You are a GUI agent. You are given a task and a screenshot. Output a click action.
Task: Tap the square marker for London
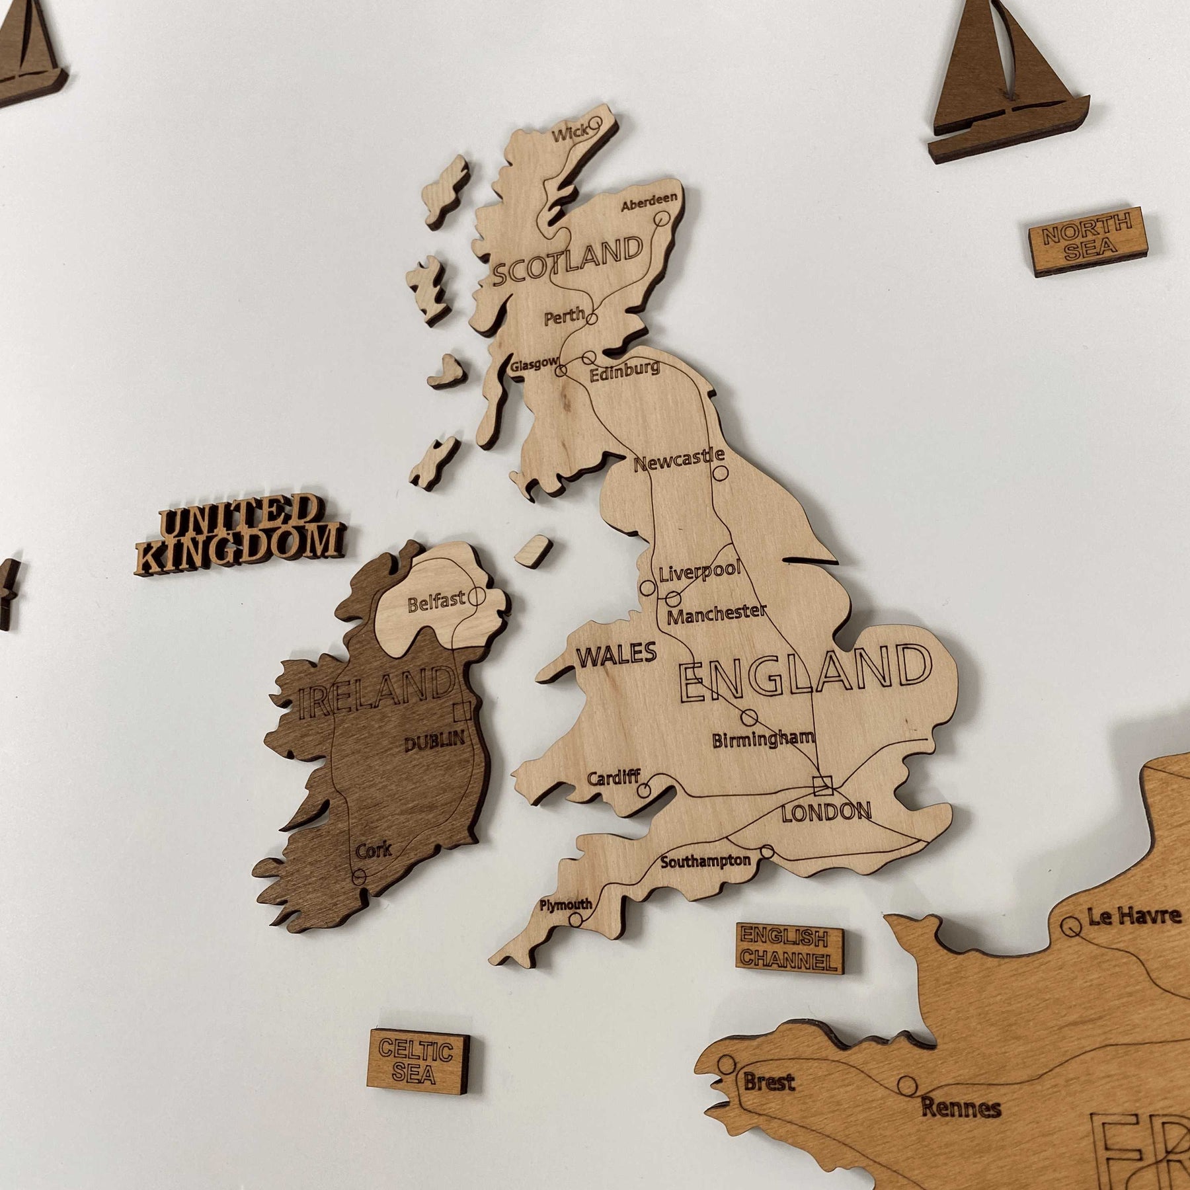823,785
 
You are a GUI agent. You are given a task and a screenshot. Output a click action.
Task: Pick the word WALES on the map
617,654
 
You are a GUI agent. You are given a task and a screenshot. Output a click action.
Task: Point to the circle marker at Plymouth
576,919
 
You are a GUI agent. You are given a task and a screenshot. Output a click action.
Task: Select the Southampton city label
705,861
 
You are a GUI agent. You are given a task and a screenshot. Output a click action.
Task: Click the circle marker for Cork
359,877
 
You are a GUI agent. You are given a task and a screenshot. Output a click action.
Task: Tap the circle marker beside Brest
727,1064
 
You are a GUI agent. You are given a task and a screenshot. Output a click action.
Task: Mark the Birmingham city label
763,739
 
